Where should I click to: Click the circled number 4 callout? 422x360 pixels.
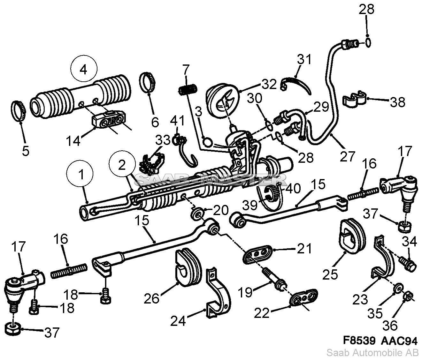coord(83,70)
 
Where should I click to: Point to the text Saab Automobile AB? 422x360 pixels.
coord(372,352)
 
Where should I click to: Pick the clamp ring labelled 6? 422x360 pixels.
coord(149,83)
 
